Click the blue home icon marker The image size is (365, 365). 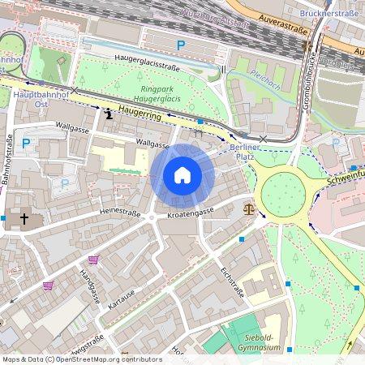(x=182, y=175)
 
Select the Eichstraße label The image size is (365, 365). (x=232, y=281)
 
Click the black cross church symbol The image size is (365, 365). (x=24, y=219)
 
